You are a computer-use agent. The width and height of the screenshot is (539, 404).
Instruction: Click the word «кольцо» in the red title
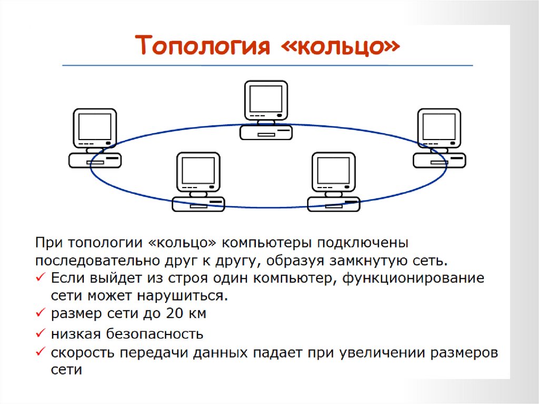[x=346, y=47]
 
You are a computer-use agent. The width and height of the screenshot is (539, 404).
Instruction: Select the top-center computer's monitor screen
[x=266, y=98]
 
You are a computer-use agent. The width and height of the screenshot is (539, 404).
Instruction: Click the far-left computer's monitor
[x=95, y=126]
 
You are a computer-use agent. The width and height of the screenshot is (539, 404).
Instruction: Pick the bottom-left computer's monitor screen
[x=198, y=170]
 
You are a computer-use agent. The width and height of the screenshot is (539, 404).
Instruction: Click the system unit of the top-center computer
[x=266, y=132]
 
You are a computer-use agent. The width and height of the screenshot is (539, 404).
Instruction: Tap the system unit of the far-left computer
[x=95, y=160]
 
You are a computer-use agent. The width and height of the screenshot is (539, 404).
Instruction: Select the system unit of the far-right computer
[x=439, y=160]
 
